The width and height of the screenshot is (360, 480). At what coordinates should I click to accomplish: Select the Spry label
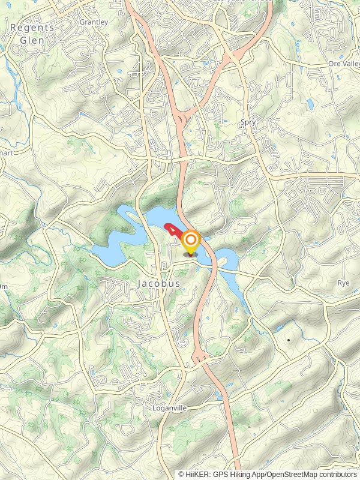click(x=248, y=122)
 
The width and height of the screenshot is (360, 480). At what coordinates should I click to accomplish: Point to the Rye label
click(x=343, y=282)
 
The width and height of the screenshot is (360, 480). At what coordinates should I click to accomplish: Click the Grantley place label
click(x=94, y=22)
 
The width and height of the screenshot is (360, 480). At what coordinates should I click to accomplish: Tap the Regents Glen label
click(x=32, y=34)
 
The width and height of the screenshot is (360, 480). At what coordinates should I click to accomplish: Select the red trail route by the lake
click(x=172, y=229)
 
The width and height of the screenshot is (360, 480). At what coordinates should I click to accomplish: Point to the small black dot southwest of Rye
click(x=289, y=340)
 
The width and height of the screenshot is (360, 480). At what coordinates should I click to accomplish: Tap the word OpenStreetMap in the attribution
click(x=292, y=474)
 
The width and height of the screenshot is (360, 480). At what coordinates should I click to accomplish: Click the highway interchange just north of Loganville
click(x=200, y=359)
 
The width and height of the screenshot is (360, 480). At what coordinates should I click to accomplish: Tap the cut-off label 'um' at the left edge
click(x=3, y=286)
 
